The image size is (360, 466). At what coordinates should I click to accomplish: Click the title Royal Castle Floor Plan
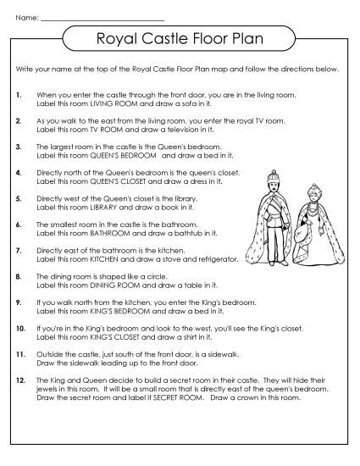click(179, 38)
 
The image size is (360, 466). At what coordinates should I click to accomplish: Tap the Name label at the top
click(25, 15)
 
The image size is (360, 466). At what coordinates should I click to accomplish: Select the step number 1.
click(19, 96)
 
